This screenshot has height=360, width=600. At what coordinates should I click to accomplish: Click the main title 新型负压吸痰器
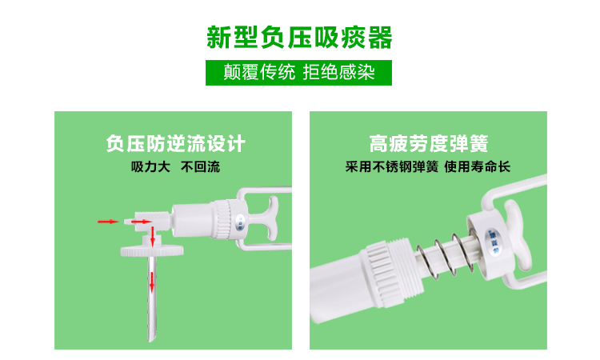(299, 37)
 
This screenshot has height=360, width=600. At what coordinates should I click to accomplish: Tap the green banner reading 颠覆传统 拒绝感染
(298, 73)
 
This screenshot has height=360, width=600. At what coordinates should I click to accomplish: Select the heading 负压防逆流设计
(176, 144)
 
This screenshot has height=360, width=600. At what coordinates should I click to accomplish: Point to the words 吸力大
(150, 167)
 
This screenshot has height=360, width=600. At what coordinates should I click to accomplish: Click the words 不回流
(200, 167)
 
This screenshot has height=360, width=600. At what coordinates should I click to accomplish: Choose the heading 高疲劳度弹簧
(429, 144)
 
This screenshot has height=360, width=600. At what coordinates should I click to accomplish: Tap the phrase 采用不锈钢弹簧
(391, 167)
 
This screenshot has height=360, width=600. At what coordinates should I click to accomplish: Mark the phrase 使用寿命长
(477, 167)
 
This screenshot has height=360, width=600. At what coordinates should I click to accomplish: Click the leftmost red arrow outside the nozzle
(108, 222)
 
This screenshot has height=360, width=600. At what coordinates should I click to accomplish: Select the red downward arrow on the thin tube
(152, 282)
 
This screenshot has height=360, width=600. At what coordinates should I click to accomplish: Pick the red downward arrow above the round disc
(153, 237)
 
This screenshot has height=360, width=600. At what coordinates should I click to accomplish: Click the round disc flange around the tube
(152, 251)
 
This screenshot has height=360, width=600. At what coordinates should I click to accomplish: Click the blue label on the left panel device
(240, 222)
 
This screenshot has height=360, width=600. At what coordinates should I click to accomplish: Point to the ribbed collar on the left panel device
(222, 219)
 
